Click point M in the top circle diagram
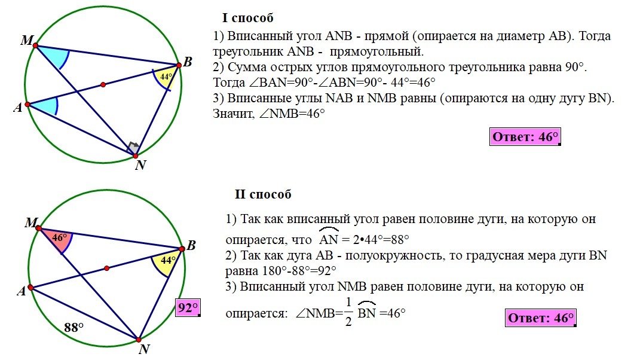tap(36, 45)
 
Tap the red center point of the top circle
tap(103, 85)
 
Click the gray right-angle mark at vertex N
tap(134, 147)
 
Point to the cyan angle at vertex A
tap(44, 106)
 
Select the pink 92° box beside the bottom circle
tap(187, 308)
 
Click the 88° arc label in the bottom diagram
tap(74, 327)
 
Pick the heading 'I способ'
tap(247, 19)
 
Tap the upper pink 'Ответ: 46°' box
tap(525, 137)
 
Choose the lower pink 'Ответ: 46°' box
tap(541, 318)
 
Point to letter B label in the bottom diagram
tap(191, 246)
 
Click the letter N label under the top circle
tap(140, 166)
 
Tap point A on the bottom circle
tap(30, 288)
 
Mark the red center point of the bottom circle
tap(106, 268)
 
